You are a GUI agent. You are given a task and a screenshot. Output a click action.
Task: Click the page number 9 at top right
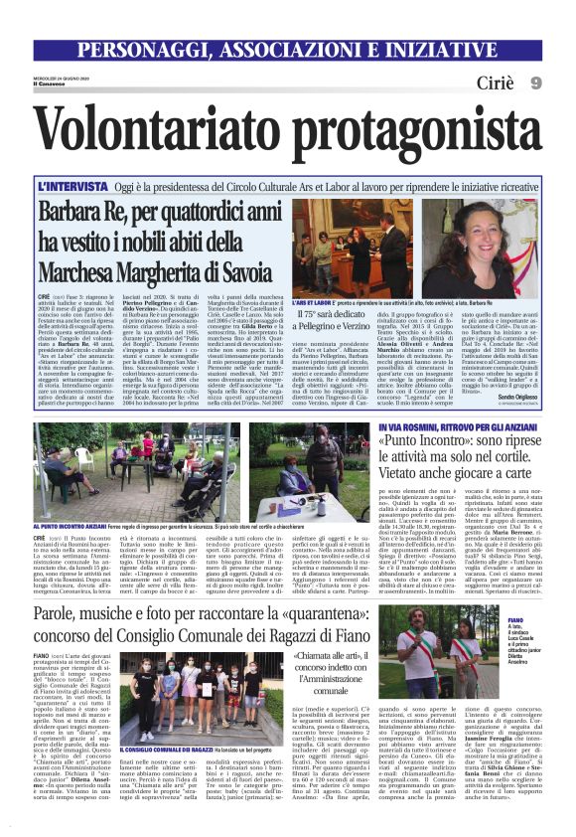point(535,82)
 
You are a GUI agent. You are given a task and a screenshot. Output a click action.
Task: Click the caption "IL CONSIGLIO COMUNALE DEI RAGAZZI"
point(164,750)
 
